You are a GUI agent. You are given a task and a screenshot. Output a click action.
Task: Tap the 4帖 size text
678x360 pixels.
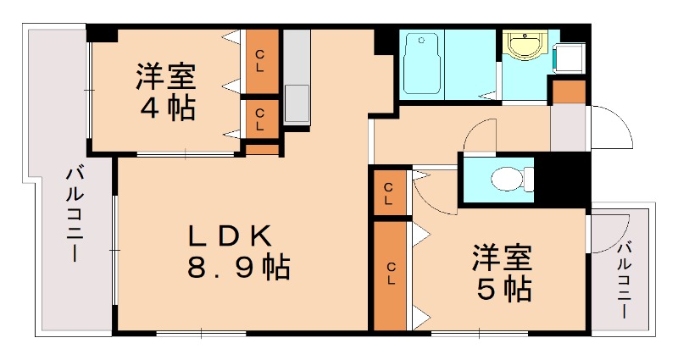[x=167, y=108]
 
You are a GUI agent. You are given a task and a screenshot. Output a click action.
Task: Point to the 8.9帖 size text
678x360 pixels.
[x=238, y=269]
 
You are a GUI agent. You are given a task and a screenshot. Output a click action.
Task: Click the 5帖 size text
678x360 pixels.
[x=504, y=288]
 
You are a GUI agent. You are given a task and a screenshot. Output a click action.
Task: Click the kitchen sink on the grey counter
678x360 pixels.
[x=297, y=102]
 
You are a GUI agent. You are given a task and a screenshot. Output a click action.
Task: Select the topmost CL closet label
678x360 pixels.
[x=260, y=62]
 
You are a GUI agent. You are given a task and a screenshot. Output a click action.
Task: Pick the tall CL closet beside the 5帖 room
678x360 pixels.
[x=391, y=274]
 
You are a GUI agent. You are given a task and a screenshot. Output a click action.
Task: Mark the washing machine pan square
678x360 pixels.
[x=566, y=58]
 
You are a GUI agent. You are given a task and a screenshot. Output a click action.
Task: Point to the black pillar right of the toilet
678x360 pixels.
[x=563, y=177]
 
